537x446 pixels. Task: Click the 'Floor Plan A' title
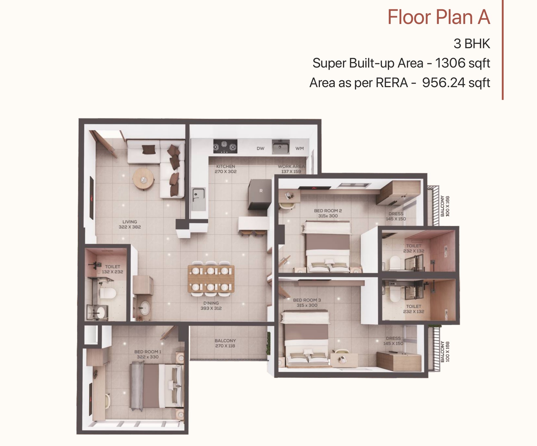point(439,17)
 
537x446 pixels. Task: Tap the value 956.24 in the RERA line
point(442,83)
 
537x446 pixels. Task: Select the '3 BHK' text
point(472,44)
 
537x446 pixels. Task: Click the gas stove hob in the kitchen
point(225,146)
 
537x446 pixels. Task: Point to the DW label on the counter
point(260,148)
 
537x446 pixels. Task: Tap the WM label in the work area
point(300,148)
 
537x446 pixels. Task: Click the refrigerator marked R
point(260,194)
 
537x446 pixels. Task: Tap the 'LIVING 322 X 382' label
point(129,224)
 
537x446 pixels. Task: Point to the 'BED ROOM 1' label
point(148,352)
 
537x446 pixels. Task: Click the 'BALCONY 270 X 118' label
point(225,343)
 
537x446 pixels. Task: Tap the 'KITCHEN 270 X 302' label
point(226,169)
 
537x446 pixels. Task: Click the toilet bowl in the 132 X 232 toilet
point(108,293)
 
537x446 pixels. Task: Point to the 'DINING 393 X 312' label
point(211,306)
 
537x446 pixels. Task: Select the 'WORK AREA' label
point(291,166)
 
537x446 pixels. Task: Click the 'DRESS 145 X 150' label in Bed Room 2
point(396,216)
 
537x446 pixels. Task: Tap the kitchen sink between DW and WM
point(281,147)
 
